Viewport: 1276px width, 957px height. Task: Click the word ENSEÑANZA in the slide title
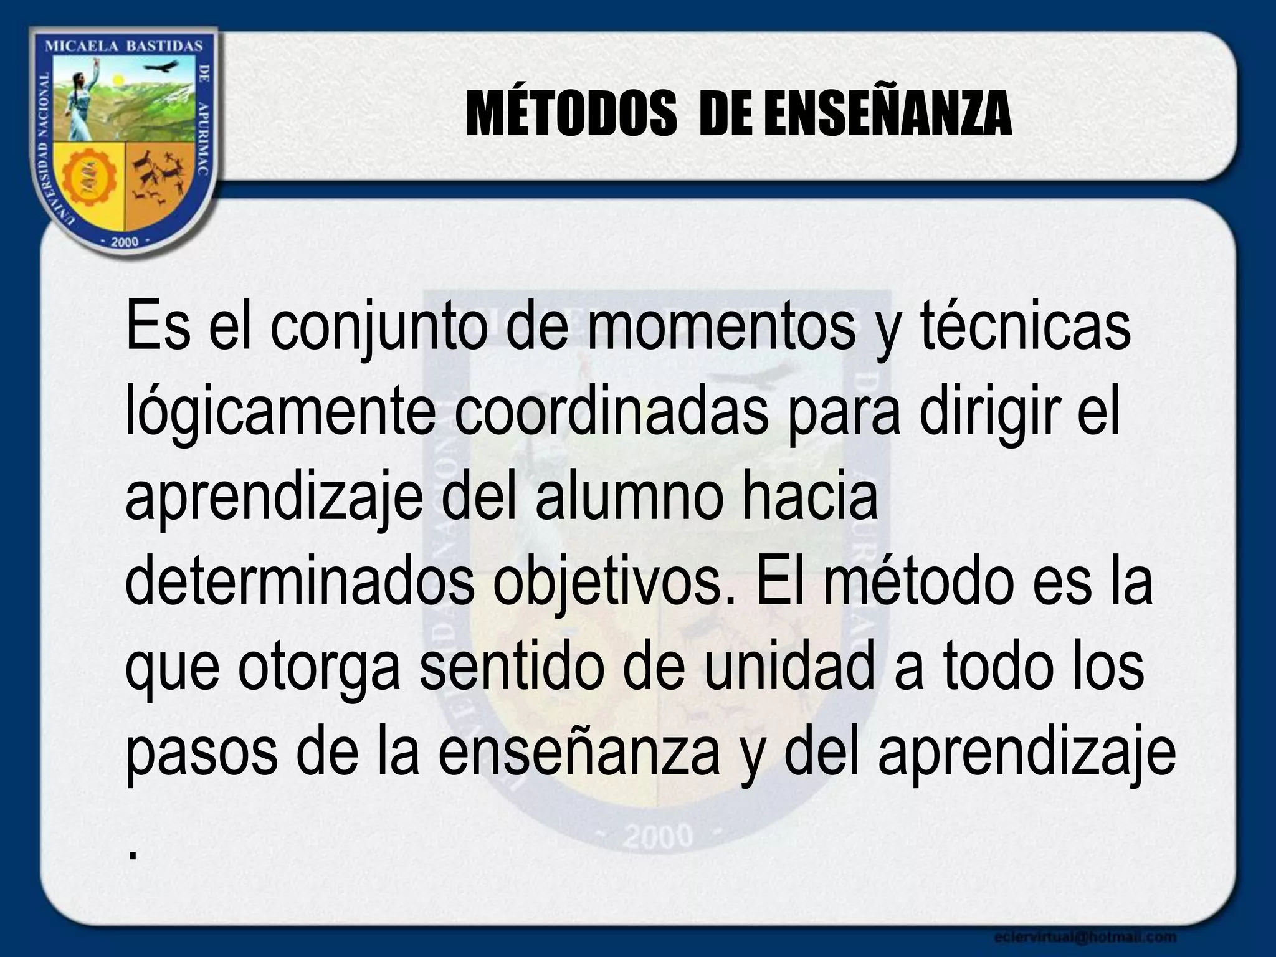coord(887,115)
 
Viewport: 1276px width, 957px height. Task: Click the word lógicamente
coord(281,414)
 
